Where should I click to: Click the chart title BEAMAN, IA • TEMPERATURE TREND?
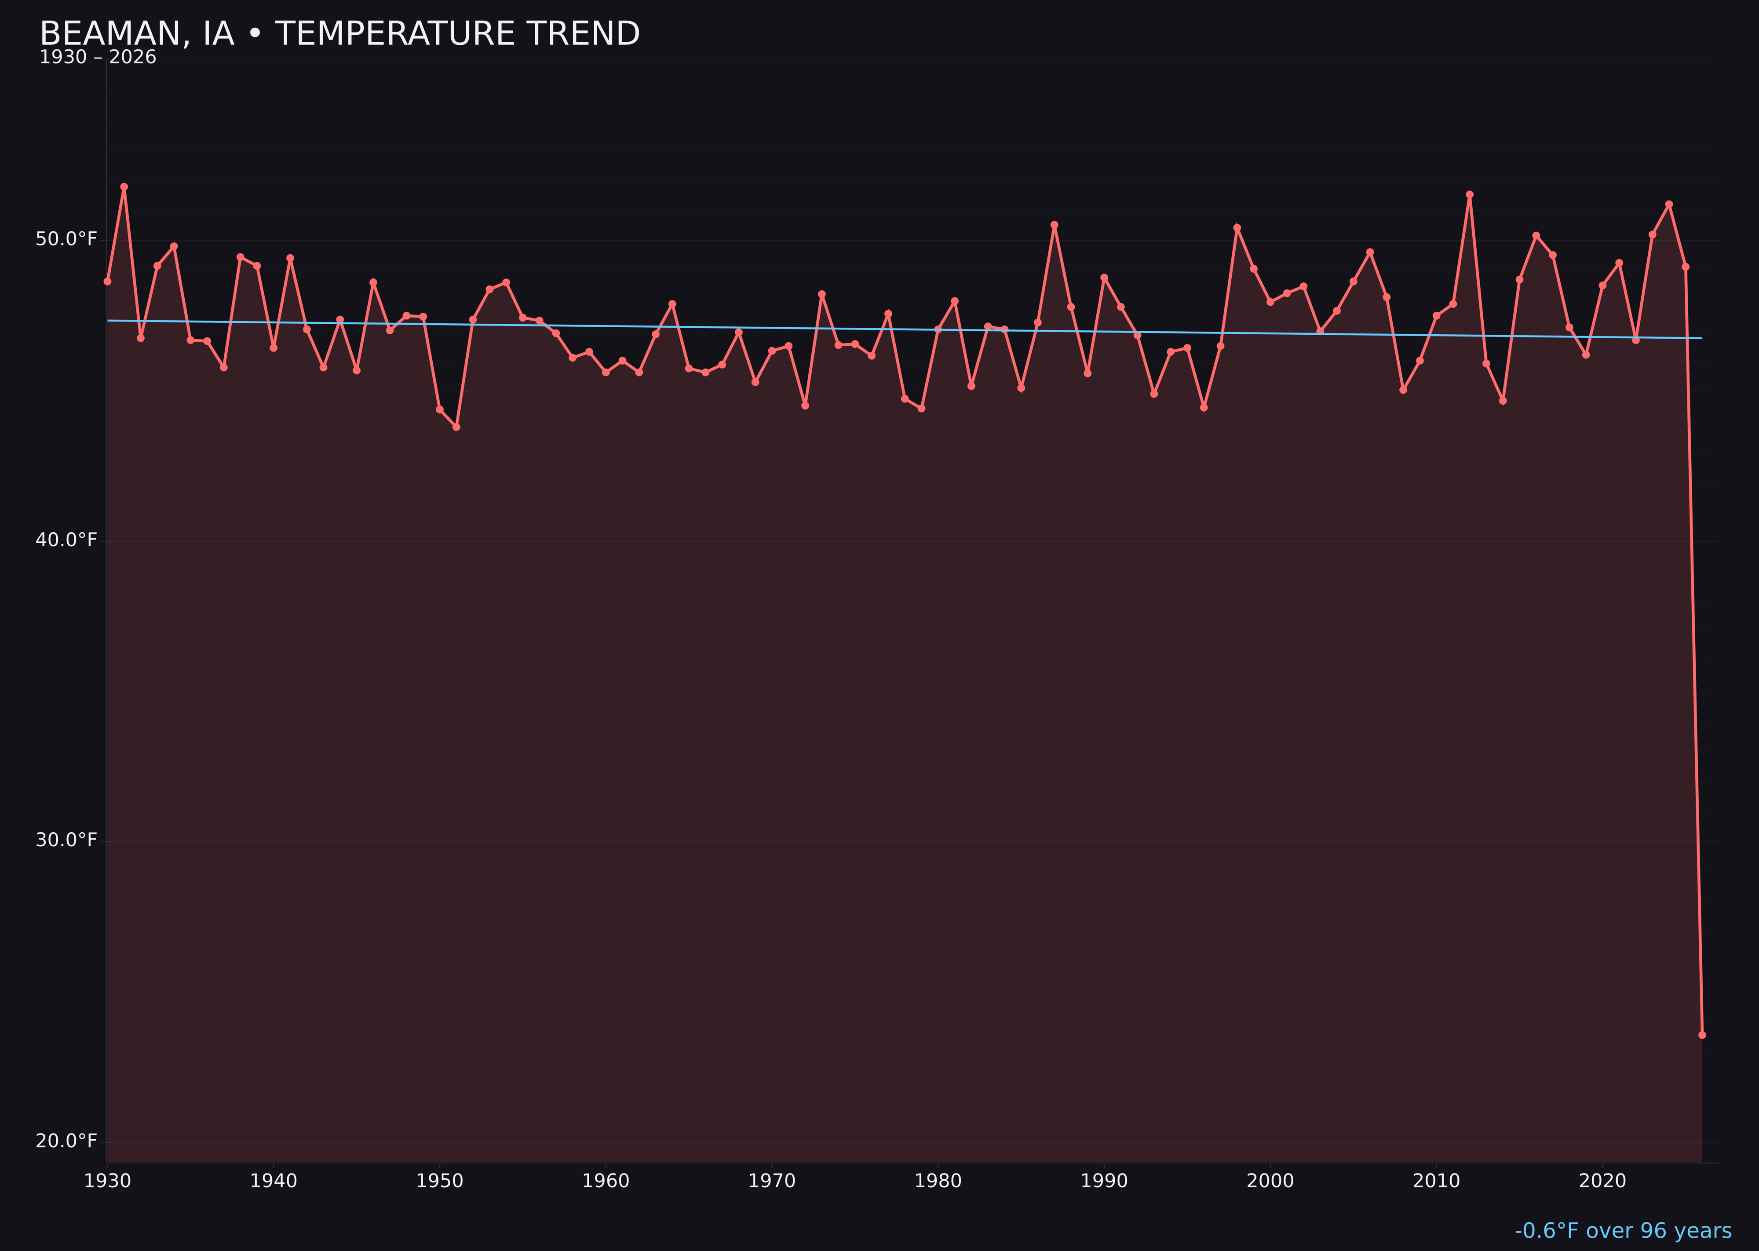click(x=339, y=34)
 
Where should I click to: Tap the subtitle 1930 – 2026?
click(x=98, y=58)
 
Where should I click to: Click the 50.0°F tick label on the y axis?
click(x=66, y=240)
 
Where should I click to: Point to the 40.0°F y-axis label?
click(x=66, y=540)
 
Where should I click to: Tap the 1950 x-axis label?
click(x=440, y=1181)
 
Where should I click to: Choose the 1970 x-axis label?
click(x=772, y=1181)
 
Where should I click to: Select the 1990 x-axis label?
click(x=1104, y=1181)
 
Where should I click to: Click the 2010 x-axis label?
click(x=1436, y=1181)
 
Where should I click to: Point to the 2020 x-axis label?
click(x=1602, y=1181)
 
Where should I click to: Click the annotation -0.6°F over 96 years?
click(x=1623, y=1231)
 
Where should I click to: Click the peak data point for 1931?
click(x=124, y=187)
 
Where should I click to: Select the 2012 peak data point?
click(x=1470, y=195)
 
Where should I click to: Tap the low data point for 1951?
click(x=456, y=427)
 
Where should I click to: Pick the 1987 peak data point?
click(x=1055, y=225)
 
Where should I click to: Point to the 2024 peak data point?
click(x=1669, y=204)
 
